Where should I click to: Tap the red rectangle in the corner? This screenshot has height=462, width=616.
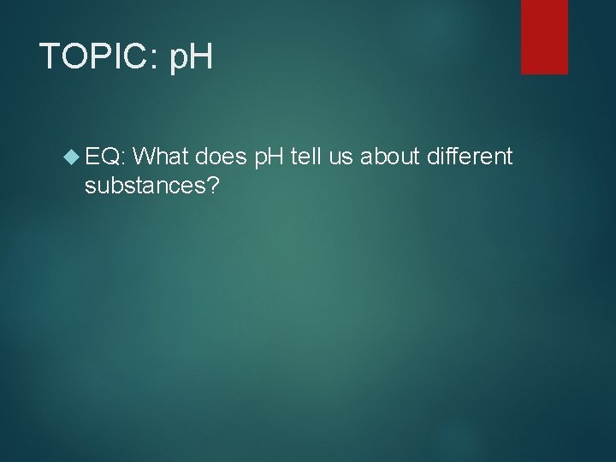click(545, 37)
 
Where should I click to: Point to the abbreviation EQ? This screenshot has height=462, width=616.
click(105, 156)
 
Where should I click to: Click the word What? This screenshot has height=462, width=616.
click(163, 156)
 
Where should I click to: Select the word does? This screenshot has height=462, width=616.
click(223, 156)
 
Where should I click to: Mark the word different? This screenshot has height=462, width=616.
click(470, 156)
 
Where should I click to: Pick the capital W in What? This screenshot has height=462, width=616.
click(147, 156)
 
